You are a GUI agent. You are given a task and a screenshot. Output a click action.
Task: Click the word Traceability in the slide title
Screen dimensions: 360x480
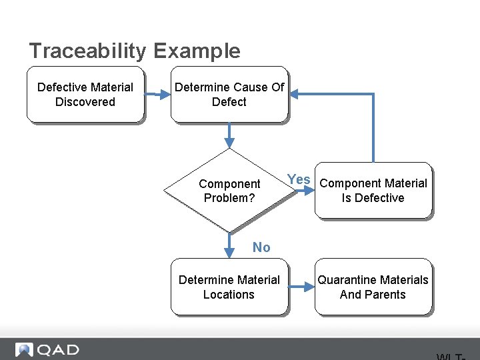click(x=88, y=51)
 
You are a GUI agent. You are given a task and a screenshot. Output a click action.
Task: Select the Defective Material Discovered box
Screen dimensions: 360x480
click(x=85, y=94)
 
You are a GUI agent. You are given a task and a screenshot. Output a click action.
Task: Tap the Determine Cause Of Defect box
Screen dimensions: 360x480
click(x=229, y=94)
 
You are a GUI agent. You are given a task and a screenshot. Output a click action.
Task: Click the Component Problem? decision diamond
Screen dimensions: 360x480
click(x=229, y=191)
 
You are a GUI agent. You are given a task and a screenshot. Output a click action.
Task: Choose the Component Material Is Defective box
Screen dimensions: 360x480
click(x=373, y=191)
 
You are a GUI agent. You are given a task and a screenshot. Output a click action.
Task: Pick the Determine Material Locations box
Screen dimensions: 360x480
click(x=229, y=287)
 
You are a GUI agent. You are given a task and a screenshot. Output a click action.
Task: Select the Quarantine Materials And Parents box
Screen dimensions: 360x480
click(x=373, y=287)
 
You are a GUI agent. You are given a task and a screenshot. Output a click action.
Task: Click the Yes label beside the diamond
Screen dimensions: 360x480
click(x=299, y=179)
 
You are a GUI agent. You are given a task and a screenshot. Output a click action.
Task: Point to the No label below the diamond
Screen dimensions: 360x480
click(x=261, y=247)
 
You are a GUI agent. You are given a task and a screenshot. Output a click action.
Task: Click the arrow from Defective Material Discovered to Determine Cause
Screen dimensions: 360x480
click(x=157, y=95)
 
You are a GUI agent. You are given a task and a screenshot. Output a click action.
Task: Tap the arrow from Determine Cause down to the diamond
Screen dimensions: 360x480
click(x=229, y=135)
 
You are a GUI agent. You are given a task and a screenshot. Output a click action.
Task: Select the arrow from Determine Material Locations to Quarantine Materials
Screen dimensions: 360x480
click(x=301, y=287)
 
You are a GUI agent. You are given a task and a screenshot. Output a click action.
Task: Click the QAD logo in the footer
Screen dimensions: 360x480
click(x=47, y=349)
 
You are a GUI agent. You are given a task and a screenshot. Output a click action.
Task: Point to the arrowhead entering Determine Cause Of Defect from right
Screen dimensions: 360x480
click(x=294, y=95)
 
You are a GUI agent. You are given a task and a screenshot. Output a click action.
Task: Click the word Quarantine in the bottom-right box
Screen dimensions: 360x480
click(x=349, y=280)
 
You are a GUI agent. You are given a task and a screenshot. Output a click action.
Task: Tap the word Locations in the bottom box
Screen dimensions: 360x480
click(x=229, y=295)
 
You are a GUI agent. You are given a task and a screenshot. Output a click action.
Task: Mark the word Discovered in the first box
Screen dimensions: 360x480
click(x=85, y=102)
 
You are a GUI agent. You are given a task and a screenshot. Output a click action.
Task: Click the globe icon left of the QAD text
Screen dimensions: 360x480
click(x=25, y=349)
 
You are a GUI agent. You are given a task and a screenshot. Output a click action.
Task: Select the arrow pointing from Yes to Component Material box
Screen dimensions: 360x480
click(x=303, y=190)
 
